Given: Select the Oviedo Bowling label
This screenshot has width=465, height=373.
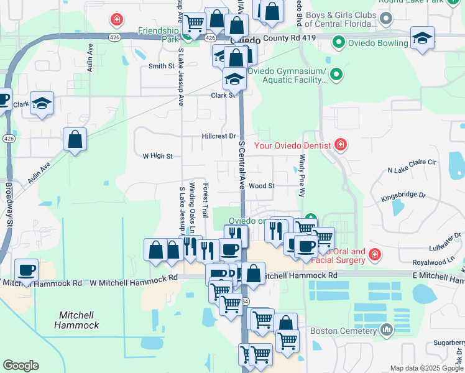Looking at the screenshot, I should click(378, 43).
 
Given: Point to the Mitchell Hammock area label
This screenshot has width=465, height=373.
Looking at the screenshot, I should click(76, 320).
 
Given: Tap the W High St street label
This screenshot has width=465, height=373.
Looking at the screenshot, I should click(157, 156).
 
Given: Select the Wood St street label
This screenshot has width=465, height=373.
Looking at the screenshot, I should click(262, 186).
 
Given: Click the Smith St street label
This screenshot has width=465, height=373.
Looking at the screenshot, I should click(161, 66).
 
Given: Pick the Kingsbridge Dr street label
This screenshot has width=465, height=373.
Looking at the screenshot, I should click(404, 195).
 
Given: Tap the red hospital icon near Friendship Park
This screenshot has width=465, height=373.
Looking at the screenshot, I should click(116, 21).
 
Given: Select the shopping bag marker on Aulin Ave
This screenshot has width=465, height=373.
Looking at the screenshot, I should click(75, 140).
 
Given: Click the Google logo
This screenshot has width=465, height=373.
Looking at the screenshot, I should click(21, 366).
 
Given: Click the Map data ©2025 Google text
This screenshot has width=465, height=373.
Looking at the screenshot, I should click(426, 368).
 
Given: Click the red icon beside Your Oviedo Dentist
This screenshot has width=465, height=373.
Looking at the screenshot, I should click(340, 145).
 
